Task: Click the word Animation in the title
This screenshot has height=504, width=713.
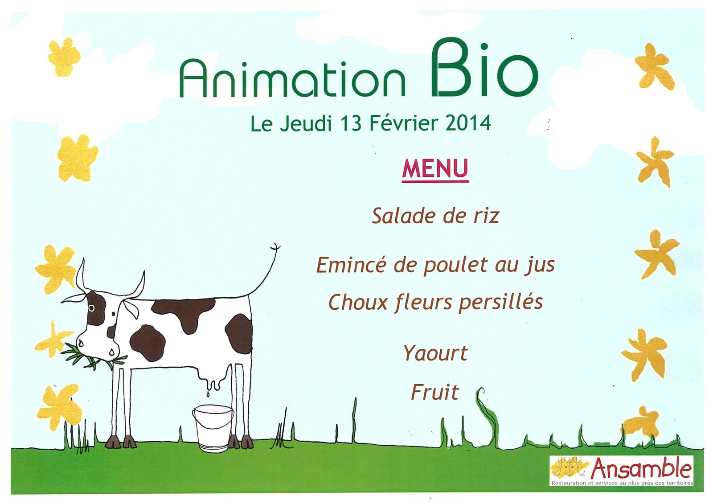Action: [292, 78]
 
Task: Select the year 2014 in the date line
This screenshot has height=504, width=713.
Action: [468, 123]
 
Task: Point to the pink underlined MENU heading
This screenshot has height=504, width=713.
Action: [435, 170]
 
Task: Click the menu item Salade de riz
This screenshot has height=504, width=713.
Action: [435, 216]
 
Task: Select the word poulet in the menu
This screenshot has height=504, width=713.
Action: [455, 266]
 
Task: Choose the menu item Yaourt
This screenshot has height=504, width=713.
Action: [435, 353]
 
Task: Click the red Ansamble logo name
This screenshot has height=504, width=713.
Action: [641, 468]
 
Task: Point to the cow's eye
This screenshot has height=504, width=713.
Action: [91, 308]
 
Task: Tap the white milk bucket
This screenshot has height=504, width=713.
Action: [213, 428]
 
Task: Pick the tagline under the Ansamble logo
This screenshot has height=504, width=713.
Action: [622, 483]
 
